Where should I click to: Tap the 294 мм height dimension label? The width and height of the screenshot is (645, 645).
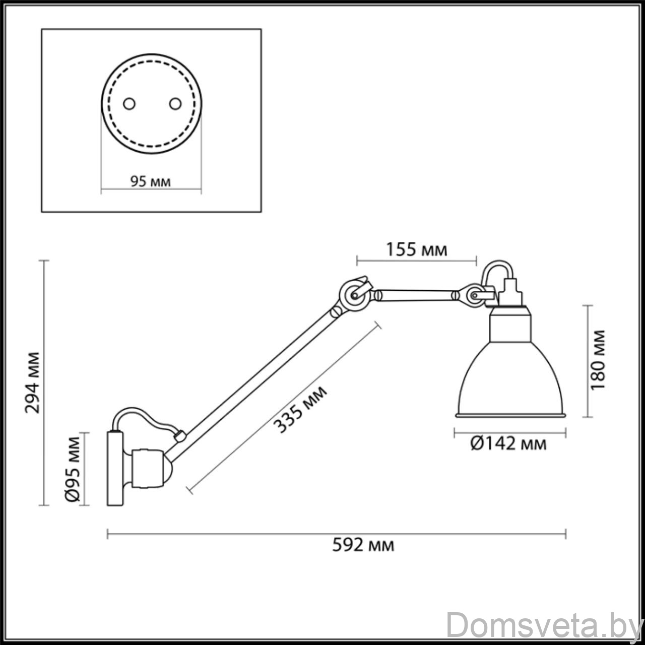pos(33,382)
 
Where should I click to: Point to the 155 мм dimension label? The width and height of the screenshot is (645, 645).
pos(417,250)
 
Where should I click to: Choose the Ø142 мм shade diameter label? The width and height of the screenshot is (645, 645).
pos(508,444)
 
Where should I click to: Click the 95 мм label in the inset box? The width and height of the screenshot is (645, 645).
pos(150,182)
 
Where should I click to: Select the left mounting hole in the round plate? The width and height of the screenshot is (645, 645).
pos(129,104)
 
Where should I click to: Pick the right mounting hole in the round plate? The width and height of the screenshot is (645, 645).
pos(175,104)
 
